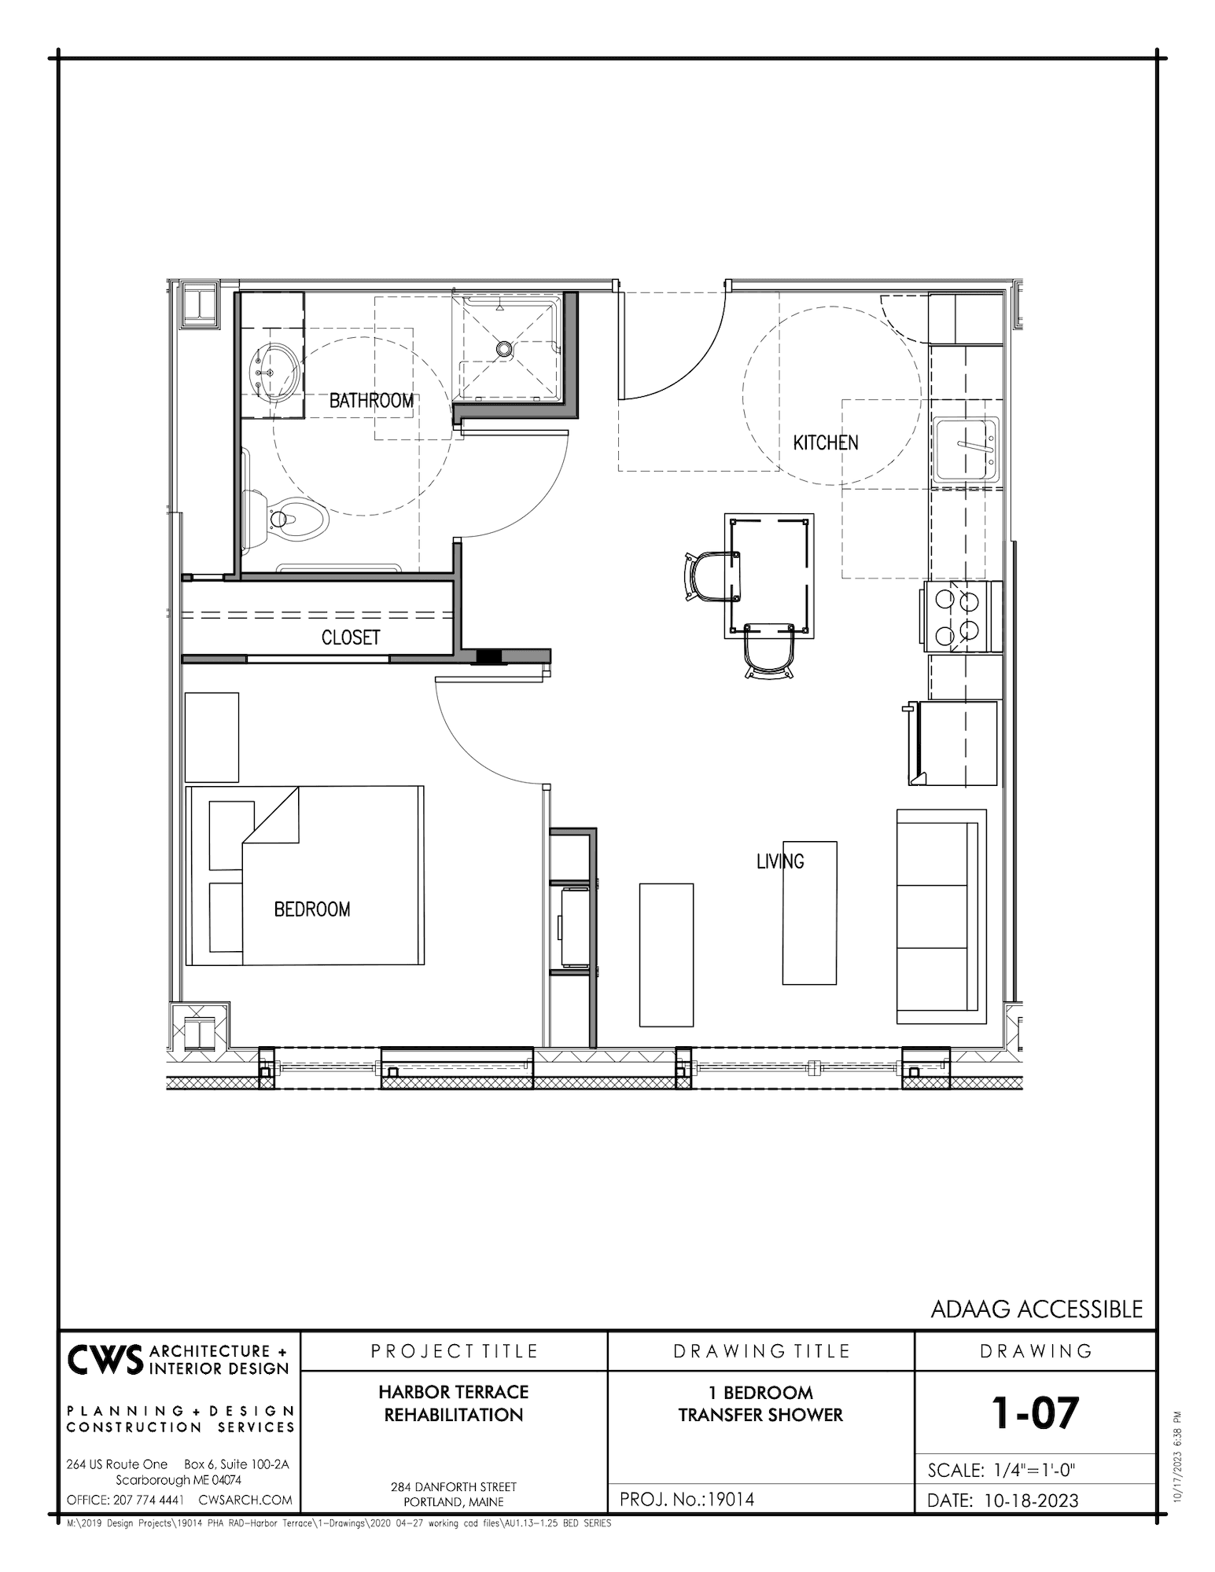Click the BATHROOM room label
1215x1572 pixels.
point(371,401)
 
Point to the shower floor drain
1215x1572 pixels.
point(503,346)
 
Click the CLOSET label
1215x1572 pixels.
point(351,637)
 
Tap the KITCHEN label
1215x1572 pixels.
point(826,443)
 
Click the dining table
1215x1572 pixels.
point(769,576)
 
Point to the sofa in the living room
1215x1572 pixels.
point(941,916)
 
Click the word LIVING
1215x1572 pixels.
point(780,862)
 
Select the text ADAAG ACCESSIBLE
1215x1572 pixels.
point(1036,1309)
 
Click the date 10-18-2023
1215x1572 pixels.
point(1031,1500)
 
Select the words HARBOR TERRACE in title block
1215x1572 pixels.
point(453,1392)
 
